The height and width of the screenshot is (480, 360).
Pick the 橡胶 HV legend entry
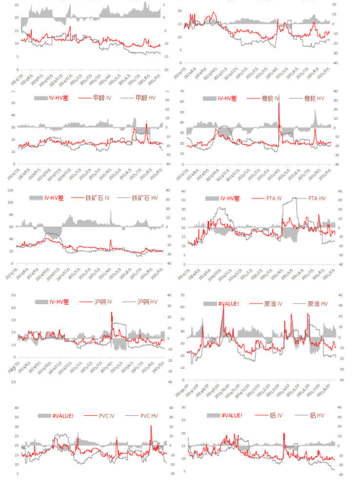tap(316, 98)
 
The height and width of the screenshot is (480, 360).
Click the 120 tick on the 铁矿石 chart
tap(10, 190)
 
